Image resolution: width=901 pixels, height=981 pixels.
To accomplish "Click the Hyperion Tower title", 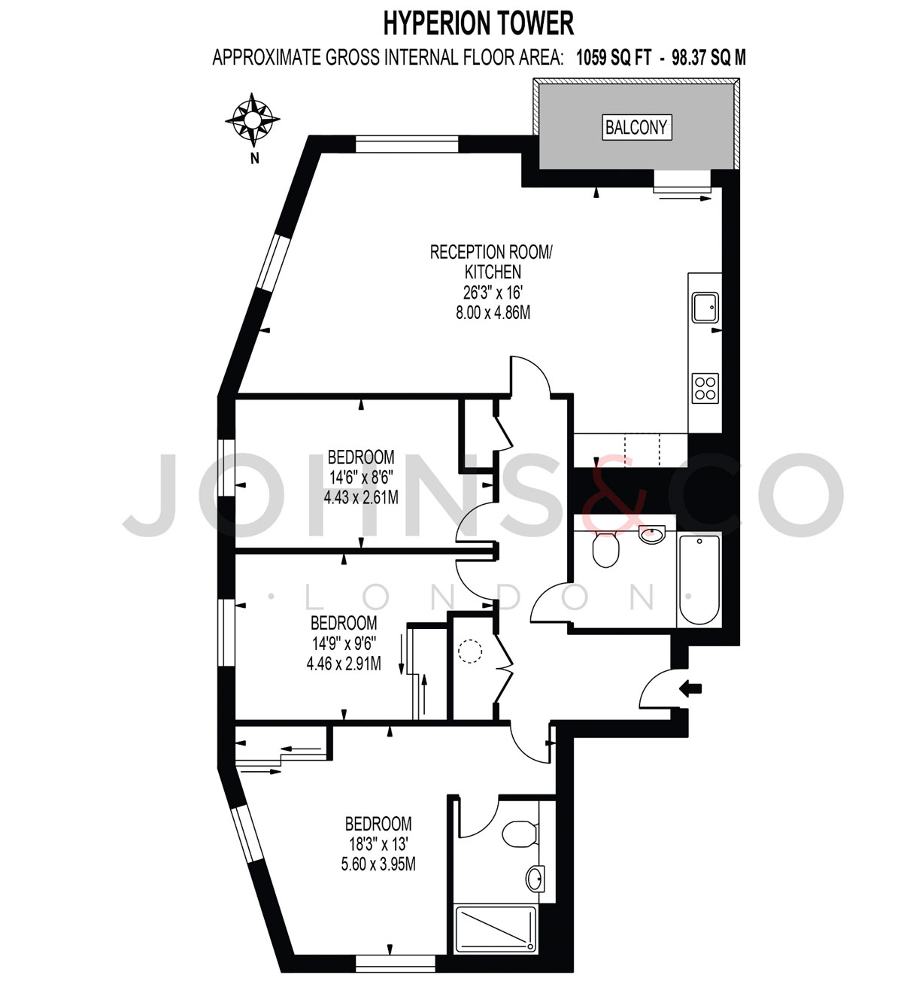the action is point(478,23).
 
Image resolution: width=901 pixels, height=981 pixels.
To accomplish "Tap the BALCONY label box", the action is point(636,128).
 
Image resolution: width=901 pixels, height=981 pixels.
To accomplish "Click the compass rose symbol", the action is point(253,120).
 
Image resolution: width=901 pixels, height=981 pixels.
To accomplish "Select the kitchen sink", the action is point(705,308).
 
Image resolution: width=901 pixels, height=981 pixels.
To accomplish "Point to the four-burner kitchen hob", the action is point(705,388).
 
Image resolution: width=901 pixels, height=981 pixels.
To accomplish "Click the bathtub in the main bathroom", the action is point(699,580).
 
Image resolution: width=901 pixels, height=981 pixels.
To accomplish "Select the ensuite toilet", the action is point(520,834).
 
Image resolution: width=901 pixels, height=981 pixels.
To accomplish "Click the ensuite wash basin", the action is point(535,879).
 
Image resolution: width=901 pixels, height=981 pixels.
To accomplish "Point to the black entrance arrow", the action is point(690,688).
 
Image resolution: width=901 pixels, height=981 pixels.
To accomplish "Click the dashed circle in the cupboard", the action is point(470,651).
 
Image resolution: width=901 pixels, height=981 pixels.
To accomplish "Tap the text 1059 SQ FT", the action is point(614,58).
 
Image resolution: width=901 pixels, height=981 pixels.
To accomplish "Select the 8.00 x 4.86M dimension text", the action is point(493,312).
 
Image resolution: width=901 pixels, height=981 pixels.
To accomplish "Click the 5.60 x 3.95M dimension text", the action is point(378,864).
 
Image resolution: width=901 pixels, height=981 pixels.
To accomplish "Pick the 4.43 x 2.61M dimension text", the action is point(361,497).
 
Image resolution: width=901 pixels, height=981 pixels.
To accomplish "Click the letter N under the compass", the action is point(255,159).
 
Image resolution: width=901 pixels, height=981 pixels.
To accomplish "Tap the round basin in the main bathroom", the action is point(651,534).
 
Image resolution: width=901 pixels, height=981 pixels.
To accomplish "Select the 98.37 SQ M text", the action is point(709,58).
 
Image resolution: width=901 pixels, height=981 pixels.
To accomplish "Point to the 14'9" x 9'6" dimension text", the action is point(344,643).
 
